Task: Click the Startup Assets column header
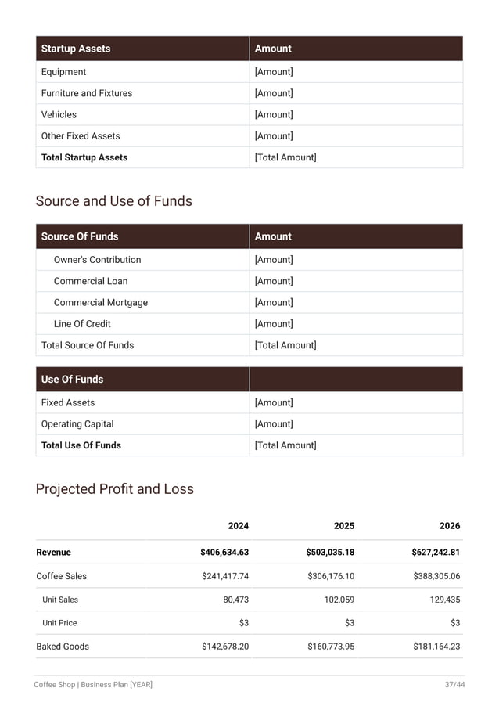(x=76, y=49)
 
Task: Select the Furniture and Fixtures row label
(x=87, y=93)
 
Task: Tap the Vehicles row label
(x=59, y=114)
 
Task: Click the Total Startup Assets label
(x=84, y=157)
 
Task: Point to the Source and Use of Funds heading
(x=113, y=201)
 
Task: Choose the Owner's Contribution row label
(x=97, y=260)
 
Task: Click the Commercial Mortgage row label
(x=100, y=302)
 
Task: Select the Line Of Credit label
(x=82, y=324)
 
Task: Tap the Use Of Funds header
(x=72, y=380)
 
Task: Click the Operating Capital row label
(x=77, y=424)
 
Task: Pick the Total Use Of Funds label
(x=81, y=445)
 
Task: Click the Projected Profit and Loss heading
(x=114, y=489)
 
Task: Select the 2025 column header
(x=344, y=526)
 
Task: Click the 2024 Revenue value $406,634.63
(x=224, y=553)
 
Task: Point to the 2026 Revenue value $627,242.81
(x=436, y=553)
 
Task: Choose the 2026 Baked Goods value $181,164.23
(x=436, y=647)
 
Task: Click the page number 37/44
(x=454, y=685)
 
